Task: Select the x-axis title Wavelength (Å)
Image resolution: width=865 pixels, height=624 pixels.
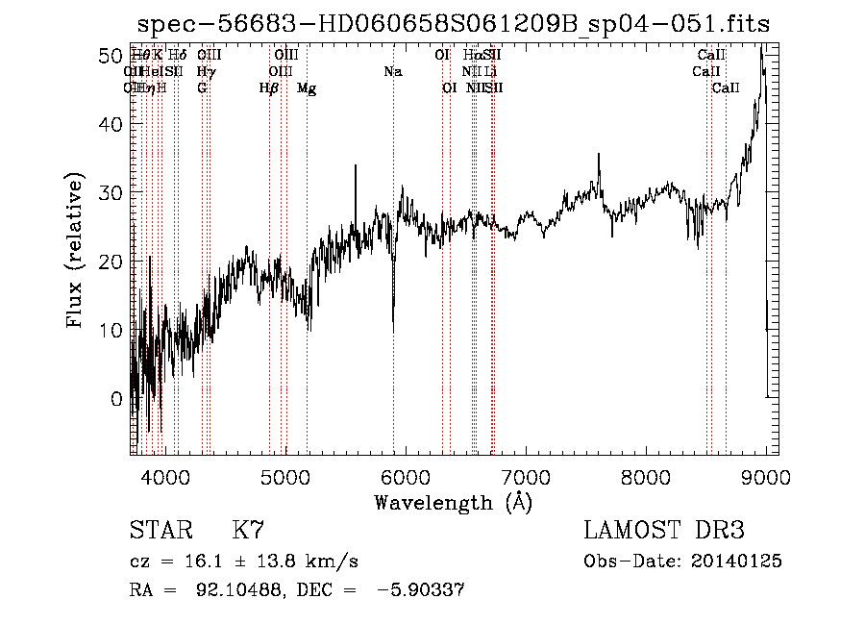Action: pyautogui.click(x=454, y=502)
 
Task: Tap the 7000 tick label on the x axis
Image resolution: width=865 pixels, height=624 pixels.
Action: pyautogui.click(x=526, y=476)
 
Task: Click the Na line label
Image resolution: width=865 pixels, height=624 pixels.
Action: pyautogui.click(x=392, y=72)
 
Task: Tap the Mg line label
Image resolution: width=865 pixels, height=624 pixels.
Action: pyautogui.click(x=307, y=88)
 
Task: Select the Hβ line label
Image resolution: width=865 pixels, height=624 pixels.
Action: pyautogui.click(x=269, y=88)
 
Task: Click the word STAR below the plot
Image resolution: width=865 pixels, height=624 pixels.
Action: pyautogui.click(x=160, y=531)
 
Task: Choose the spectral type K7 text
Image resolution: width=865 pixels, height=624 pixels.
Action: pyautogui.click(x=248, y=531)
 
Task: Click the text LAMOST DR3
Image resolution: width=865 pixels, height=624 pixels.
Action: pyautogui.click(x=664, y=531)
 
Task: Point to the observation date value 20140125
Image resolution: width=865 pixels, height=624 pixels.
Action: pyautogui.click(x=735, y=562)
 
